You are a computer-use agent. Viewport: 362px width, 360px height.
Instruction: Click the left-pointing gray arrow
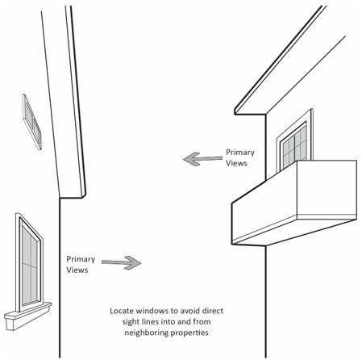pyautogui.click(x=202, y=159)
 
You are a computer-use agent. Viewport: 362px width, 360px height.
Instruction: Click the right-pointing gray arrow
pyautogui.click(x=122, y=262)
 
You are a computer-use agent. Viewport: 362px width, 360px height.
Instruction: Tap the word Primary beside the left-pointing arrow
pyautogui.click(x=240, y=153)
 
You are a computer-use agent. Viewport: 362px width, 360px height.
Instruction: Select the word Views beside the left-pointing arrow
pyautogui.click(x=236, y=163)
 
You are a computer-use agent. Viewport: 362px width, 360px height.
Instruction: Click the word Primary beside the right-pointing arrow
pyautogui.click(x=81, y=259)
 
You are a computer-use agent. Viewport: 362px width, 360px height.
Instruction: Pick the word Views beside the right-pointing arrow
pyautogui.click(x=77, y=270)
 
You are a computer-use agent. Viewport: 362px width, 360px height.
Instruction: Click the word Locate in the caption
pyautogui.click(x=122, y=311)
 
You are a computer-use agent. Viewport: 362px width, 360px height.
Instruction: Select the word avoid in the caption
pyautogui.click(x=190, y=311)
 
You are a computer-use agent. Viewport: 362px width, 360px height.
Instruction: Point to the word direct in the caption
pyautogui.click(x=213, y=311)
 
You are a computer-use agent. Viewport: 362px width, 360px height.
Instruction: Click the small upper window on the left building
pyautogui.click(x=32, y=122)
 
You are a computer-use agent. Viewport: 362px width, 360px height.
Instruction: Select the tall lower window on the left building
pyautogui.click(x=30, y=262)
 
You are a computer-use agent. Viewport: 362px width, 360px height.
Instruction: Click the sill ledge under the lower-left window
pyautogui.click(x=28, y=316)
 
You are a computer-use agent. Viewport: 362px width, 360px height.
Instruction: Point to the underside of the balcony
pyautogui.click(x=294, y=232)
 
